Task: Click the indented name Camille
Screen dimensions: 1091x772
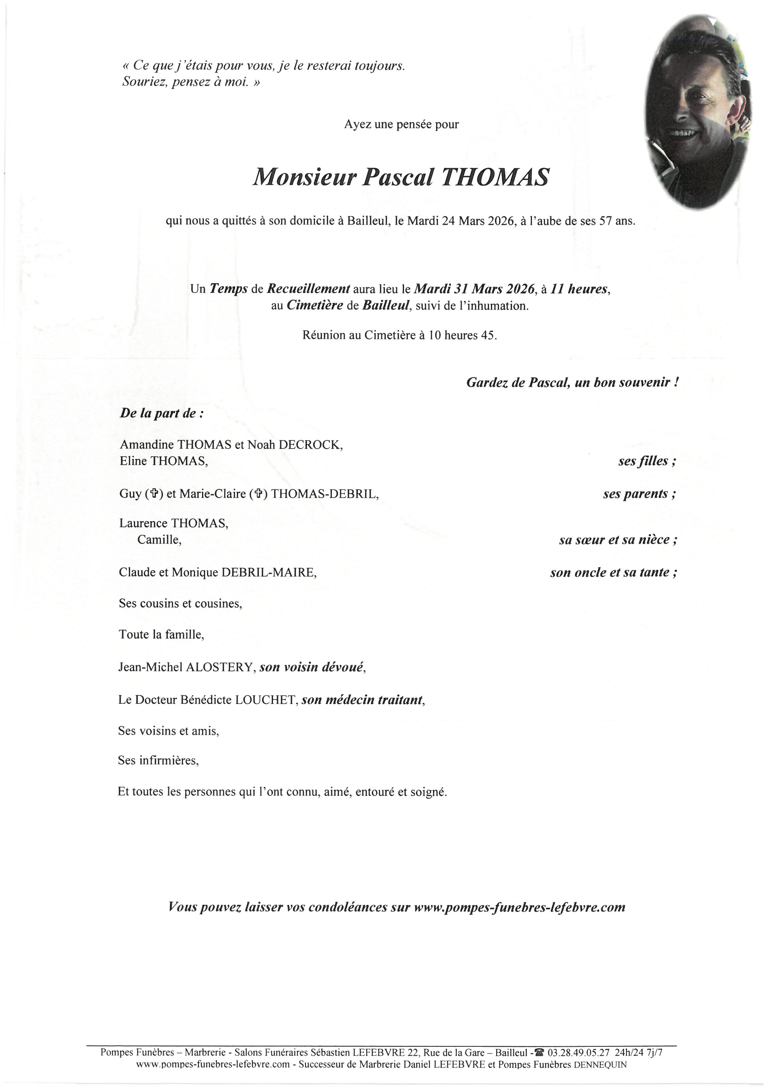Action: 159,540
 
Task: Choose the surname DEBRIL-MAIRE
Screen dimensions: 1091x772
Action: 269,573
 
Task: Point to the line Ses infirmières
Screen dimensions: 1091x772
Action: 158,761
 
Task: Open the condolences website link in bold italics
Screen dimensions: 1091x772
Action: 519,907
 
